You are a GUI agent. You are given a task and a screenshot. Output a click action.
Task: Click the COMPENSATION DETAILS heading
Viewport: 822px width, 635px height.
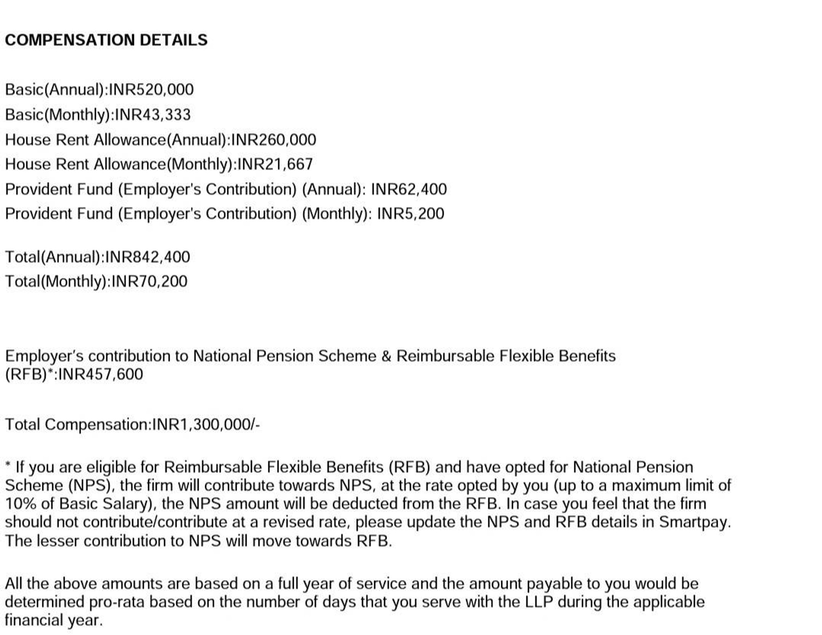coord(106,40)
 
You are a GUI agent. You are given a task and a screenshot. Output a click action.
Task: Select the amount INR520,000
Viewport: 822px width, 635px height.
coord(151,90)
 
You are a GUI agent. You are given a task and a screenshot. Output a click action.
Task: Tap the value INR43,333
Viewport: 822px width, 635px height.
coord(153,115)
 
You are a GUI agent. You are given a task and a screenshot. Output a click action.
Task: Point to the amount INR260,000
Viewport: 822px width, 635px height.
coord(274,140)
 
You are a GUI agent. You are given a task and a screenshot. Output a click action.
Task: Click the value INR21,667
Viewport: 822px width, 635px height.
coord(275,164)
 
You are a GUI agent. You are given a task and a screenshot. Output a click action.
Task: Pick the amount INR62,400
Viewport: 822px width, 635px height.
coord(409,189)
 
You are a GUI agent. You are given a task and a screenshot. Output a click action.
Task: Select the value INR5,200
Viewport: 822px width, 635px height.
coord(411,214)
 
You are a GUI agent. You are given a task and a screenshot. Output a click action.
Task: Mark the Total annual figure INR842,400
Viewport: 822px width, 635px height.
coord(147,257)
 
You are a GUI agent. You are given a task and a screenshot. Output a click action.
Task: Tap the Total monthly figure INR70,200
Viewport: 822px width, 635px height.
coord(149,281)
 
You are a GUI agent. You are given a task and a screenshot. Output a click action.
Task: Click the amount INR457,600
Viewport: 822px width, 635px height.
coord(100,374)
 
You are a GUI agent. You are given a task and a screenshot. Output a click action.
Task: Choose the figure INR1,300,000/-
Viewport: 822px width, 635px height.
coord(206,425)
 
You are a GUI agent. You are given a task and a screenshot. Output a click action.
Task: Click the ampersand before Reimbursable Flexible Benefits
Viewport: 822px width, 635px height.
coord(386,356)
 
